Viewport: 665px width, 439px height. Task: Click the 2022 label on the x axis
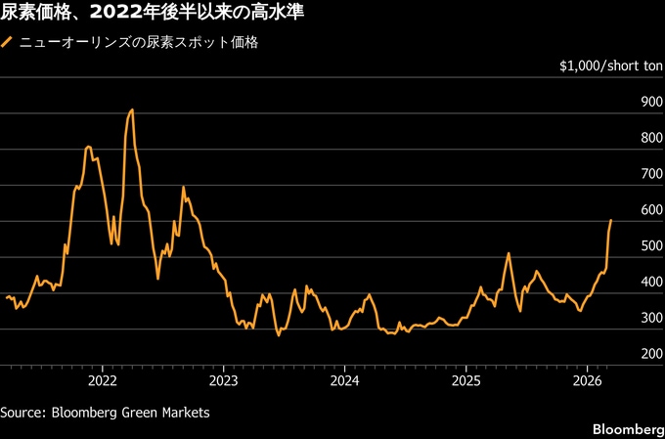103,379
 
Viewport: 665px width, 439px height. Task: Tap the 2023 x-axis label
224,379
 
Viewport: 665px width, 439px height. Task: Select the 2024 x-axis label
345,379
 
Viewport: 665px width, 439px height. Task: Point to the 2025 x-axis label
466,379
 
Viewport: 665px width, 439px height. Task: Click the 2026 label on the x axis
587,379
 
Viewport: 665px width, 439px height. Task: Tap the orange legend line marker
8,43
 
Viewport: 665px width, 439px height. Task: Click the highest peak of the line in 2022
132,110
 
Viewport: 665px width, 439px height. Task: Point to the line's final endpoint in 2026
611,220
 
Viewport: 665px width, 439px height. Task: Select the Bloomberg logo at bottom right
627,430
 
